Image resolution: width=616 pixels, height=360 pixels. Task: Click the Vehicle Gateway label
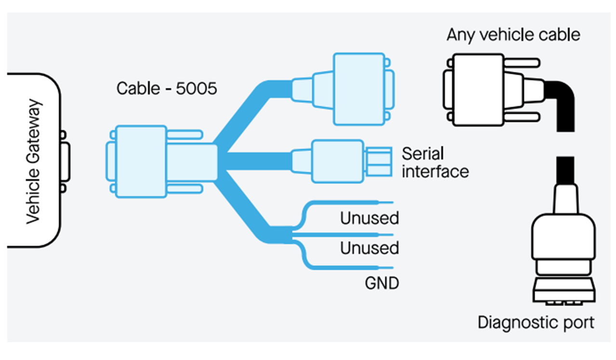point(33,162)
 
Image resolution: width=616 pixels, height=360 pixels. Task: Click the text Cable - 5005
point(167,89)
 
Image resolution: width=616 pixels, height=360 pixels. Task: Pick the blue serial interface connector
point(337,161)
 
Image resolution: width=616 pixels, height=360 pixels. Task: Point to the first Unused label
point(369,219)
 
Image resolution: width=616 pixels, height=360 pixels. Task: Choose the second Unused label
point(369,248)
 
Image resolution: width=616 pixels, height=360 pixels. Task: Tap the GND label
point(382,283)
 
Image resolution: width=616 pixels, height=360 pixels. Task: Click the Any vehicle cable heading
point(513,35)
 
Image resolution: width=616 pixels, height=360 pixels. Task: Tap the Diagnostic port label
point(536,323)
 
